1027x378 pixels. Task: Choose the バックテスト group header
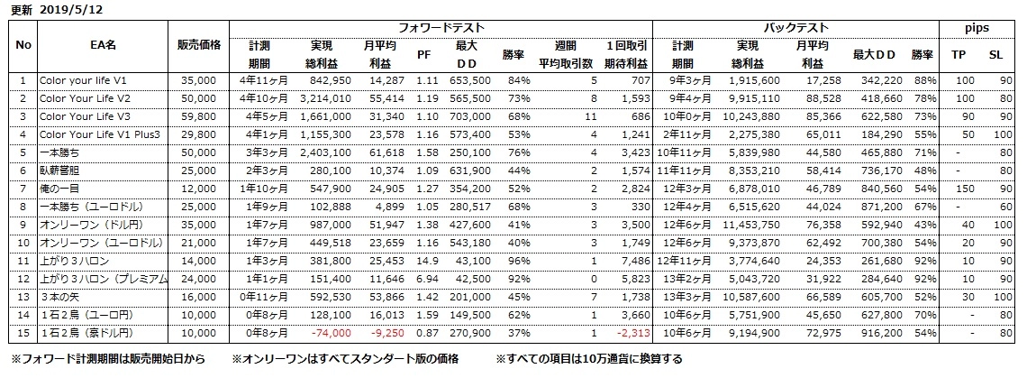point(796,29)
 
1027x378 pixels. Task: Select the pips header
point(977,29)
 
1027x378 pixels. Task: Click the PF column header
point(423,54)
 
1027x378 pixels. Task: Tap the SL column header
point(995,54)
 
